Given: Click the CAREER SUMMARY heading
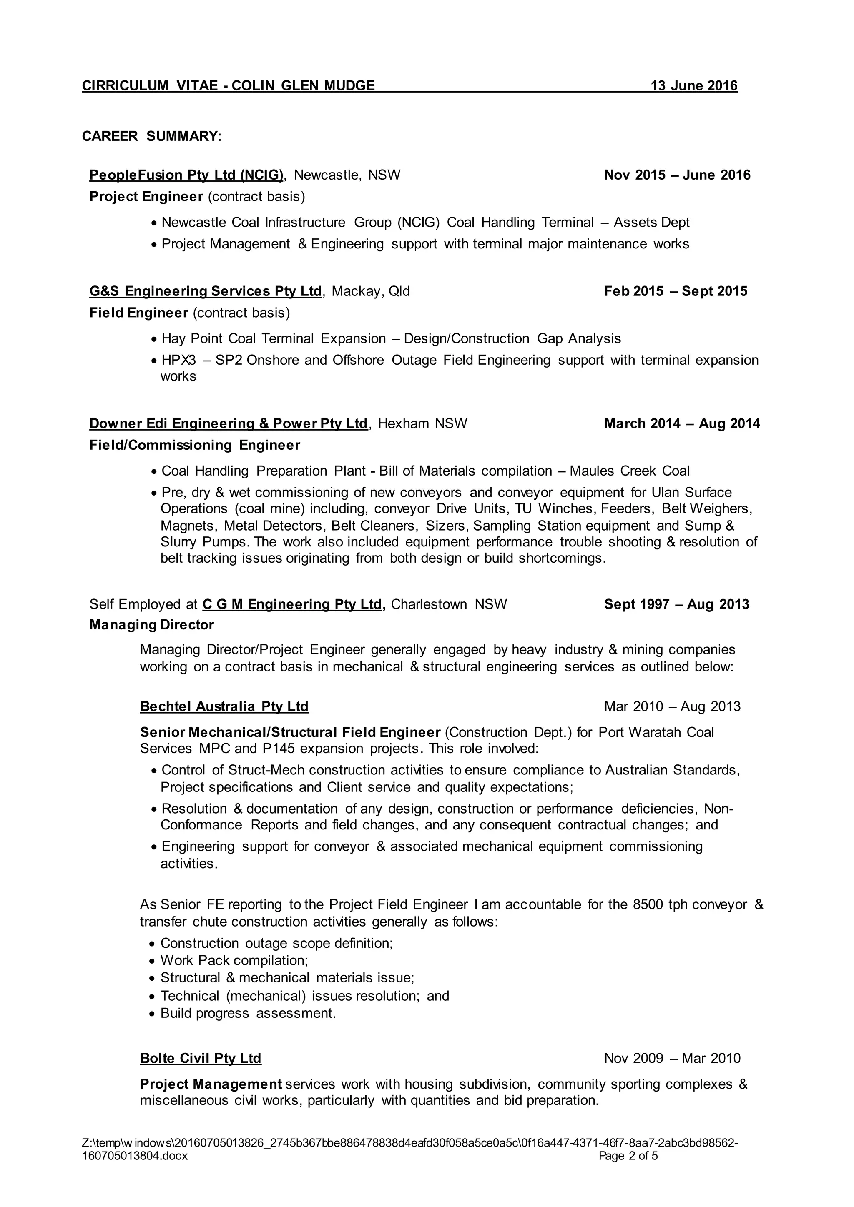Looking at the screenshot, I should [151, 136].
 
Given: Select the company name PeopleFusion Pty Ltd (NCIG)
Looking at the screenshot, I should [186, 175].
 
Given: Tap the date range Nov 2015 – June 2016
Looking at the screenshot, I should [677, 175].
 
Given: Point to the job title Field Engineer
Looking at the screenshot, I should [139, 313].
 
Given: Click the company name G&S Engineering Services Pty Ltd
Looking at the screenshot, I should [205, 291].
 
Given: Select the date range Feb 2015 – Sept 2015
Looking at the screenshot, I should [675, 291].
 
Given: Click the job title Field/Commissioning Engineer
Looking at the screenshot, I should [195, 445].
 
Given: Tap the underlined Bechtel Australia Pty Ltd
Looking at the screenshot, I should [224, 706].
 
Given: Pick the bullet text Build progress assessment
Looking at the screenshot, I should [248, 1013].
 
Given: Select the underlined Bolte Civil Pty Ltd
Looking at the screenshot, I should [200, 1058].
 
